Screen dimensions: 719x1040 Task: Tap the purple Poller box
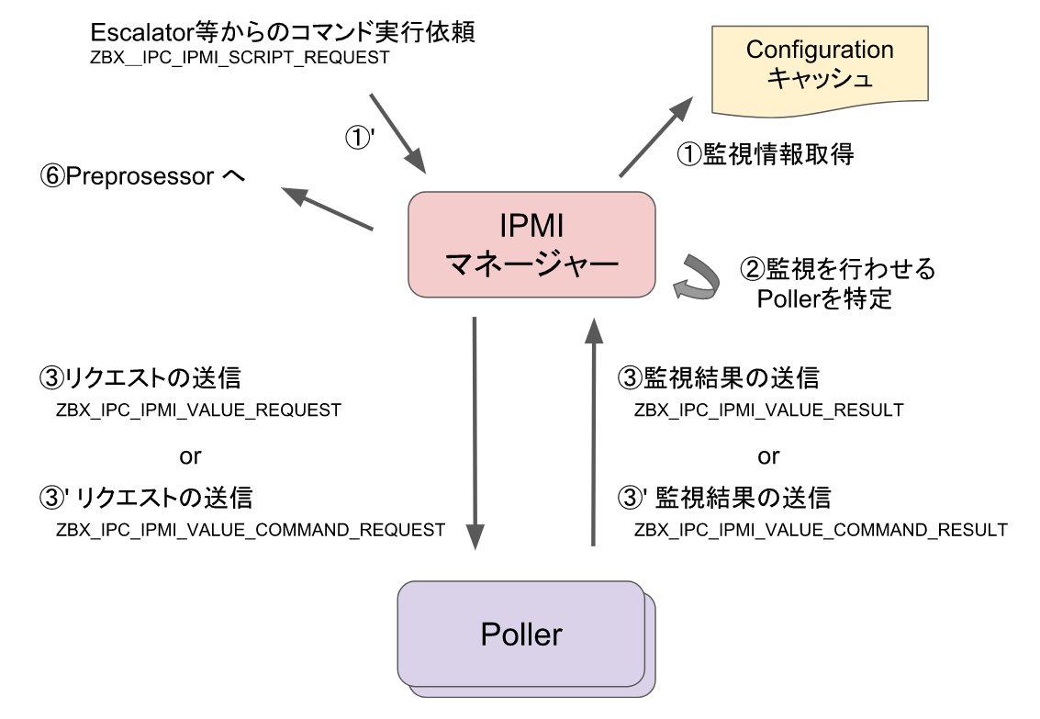tap(521, 634)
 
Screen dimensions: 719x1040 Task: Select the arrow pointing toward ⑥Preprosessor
tap(327, 208)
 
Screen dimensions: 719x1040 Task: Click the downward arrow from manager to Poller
tap(475, 433)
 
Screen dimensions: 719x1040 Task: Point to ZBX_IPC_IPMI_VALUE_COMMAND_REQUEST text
tap(251, 530)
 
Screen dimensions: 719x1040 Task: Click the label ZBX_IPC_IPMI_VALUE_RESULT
tap(768, 410)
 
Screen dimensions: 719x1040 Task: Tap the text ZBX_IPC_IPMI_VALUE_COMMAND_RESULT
tap(821, 530)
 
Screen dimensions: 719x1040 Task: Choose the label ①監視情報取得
tap(765, 155)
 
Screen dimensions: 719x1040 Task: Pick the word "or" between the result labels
tap(768, 455)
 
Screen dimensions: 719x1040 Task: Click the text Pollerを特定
tap(824, 299)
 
